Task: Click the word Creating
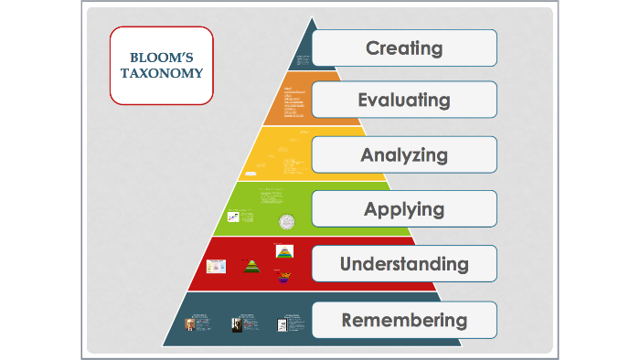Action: [x=404, y=48]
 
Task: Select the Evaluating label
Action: [x=404, y=100]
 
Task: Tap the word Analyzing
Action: [x=404, y=154]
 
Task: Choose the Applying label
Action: [x=404, y=209]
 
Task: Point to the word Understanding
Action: [x=404, y=264]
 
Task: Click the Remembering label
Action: [x=404, y=320]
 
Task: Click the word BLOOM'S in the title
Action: [x=162, y=57]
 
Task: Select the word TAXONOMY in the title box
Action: [x=162, y=73]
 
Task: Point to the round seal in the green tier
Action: [x=288, y=221]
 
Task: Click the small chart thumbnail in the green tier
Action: [x=234, y=217]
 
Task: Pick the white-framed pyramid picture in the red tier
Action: [x=283, y=251]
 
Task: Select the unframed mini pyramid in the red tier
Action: [x=251, y=266]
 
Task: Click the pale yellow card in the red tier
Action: [x=216, y=266]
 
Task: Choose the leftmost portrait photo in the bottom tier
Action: [x=190, y=325]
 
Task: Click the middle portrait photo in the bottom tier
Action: [x=237, y=325]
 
